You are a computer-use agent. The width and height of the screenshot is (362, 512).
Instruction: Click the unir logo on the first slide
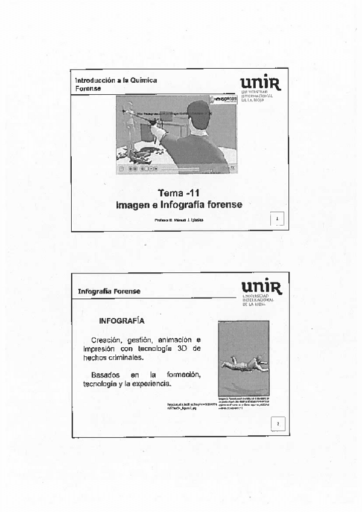pos(261,83)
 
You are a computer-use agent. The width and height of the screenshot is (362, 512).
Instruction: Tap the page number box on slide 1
pos(276,218)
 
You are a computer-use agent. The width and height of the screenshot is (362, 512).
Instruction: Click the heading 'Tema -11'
pos(179,193)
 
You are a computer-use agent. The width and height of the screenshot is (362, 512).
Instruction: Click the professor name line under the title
pos(179,220)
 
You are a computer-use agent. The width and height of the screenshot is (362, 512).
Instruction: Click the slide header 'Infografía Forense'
pos(109,291)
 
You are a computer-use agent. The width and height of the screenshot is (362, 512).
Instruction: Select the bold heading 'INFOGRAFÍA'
pos(121,320)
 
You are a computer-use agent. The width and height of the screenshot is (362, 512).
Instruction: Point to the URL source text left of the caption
pos(188,406)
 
